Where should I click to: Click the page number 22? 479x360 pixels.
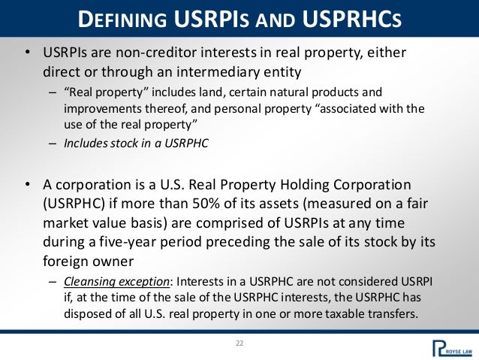tap(239, 344)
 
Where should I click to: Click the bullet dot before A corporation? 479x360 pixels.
tap(28, 186)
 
